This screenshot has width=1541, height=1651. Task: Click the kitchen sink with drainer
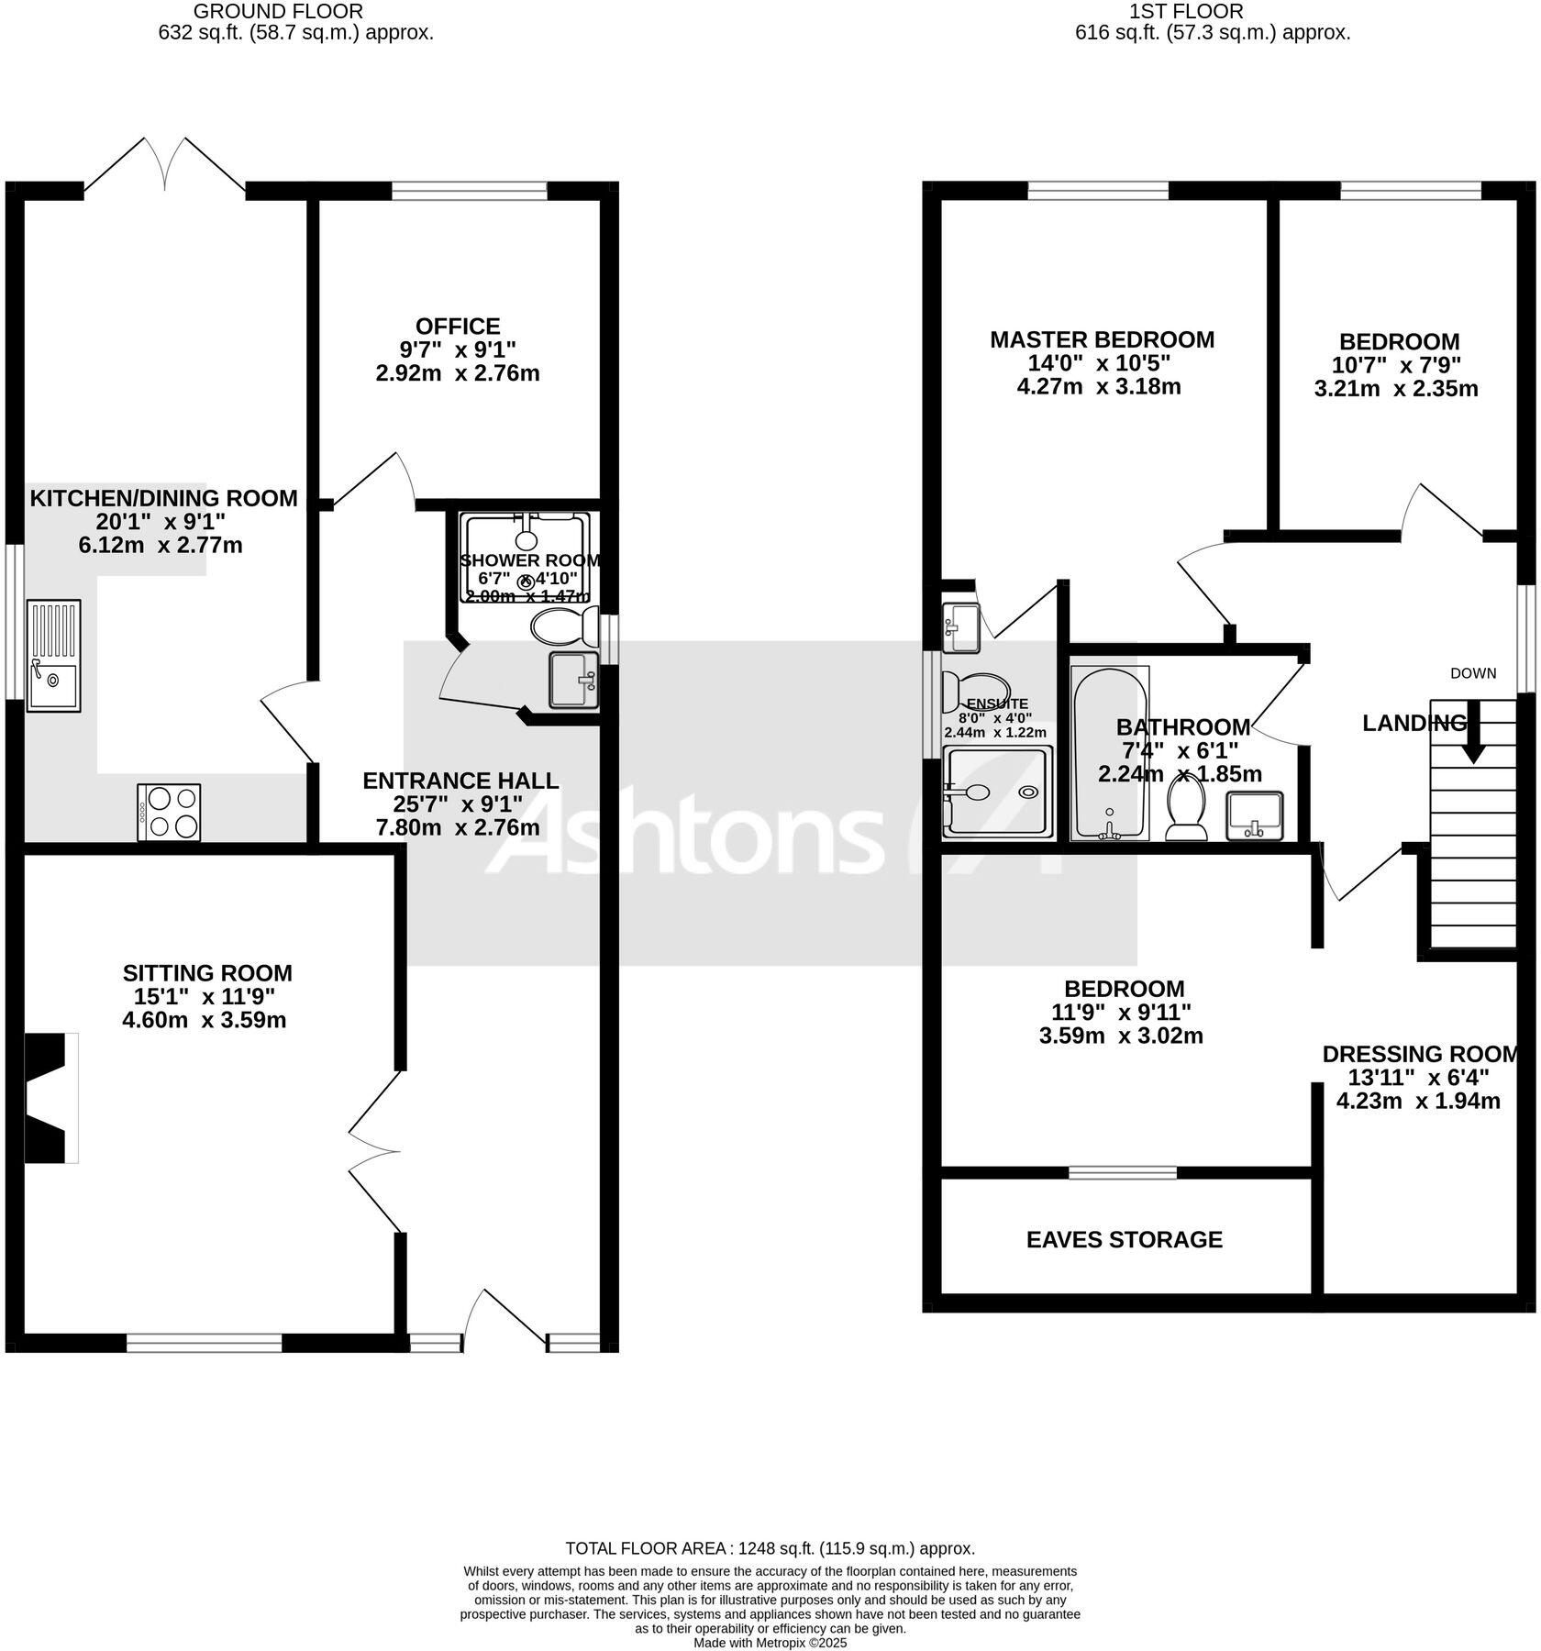(53, 655)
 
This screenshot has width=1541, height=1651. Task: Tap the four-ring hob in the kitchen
(169, 812)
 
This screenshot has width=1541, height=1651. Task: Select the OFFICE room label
(458, 327)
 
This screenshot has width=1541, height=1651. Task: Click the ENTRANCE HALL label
(460, 781)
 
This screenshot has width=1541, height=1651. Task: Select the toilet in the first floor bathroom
(1186, 811)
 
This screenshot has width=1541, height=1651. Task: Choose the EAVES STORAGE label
(1124, 1240)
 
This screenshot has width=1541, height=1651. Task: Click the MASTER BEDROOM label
(1102, 340)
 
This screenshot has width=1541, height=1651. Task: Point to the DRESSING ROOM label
(1419, 1054)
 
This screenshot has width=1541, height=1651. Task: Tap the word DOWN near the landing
(1473, 673)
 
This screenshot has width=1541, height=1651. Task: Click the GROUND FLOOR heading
(278, 12)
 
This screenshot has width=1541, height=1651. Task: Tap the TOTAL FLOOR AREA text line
(770, 1549)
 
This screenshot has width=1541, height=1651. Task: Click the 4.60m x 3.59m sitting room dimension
(205, 1020)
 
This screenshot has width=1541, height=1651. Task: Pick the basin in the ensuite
(961, 627)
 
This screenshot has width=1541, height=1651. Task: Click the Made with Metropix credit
(770, 1643)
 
